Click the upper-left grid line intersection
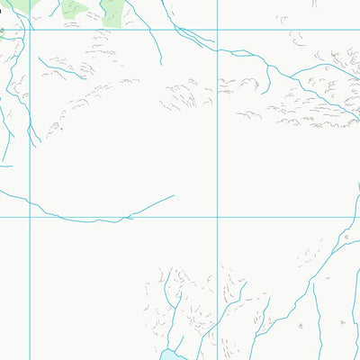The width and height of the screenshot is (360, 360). tap(30, 30)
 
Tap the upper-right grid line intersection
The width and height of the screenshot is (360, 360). tap(218, 30)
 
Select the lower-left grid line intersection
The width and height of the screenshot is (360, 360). tap(30, 217)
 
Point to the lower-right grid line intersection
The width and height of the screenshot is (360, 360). tap(218, 217)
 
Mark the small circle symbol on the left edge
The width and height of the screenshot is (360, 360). tap(2, 31)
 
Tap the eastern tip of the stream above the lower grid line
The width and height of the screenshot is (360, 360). tap(174, 195)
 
